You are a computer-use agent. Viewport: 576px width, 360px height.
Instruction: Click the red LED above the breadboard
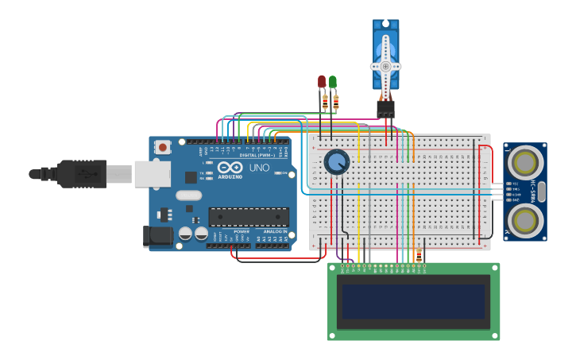[x=322, y=81]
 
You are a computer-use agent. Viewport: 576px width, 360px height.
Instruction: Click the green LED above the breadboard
[x=332, y=81]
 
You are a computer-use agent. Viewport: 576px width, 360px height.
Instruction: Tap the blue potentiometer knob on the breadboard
[x=337, y=162]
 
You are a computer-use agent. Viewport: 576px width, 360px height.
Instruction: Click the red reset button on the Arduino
[x=163, y=147]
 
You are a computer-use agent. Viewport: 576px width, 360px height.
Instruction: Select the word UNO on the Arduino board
[x=259, y=168]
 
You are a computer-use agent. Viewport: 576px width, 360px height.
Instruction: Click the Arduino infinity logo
[x=230, y=168]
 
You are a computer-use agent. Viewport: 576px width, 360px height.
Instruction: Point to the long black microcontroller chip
[x=248, y=216]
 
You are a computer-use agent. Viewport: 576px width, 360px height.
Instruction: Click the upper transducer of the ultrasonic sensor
[x=525, y=162]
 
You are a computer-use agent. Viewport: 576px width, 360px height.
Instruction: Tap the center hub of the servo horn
[x=386, y=66]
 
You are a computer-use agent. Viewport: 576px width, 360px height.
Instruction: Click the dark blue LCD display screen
[x=413, y=301]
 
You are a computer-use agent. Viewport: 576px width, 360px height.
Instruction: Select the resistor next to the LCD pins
[x=419, y=254]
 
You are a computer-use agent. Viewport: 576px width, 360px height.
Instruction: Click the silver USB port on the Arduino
[x=152, y=173]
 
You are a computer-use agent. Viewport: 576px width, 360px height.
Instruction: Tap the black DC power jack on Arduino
[x=157, y=236]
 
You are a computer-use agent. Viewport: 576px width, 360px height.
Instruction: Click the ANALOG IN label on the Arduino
[x=273, y=231]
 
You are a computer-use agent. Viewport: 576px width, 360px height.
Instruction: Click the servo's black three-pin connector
[x=385, y=108]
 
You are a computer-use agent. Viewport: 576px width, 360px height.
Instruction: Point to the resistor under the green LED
[x=335, y=102]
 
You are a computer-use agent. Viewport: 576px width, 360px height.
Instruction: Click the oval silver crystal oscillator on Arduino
[x=188, y=195]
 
